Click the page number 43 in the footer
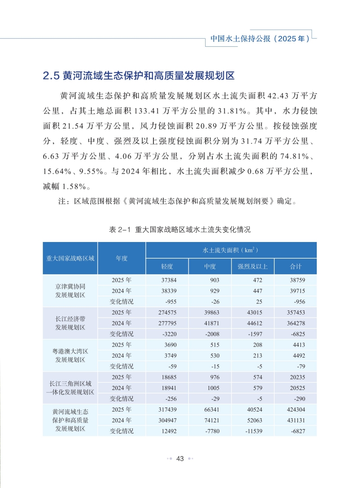(180, 458)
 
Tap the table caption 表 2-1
(180, 229)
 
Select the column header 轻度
(167, 266)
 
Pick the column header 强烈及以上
(253, 266)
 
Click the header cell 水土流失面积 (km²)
(231, 250)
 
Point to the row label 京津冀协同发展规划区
(70, 291)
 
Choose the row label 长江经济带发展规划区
(70, 323)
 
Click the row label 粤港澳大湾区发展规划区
(70, 355)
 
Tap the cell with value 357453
(296, 313)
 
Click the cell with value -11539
(253, 431)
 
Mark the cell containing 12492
(167, 431)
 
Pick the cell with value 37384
(167, 280)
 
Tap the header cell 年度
(121, 258)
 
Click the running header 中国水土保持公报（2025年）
(260, 39)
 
